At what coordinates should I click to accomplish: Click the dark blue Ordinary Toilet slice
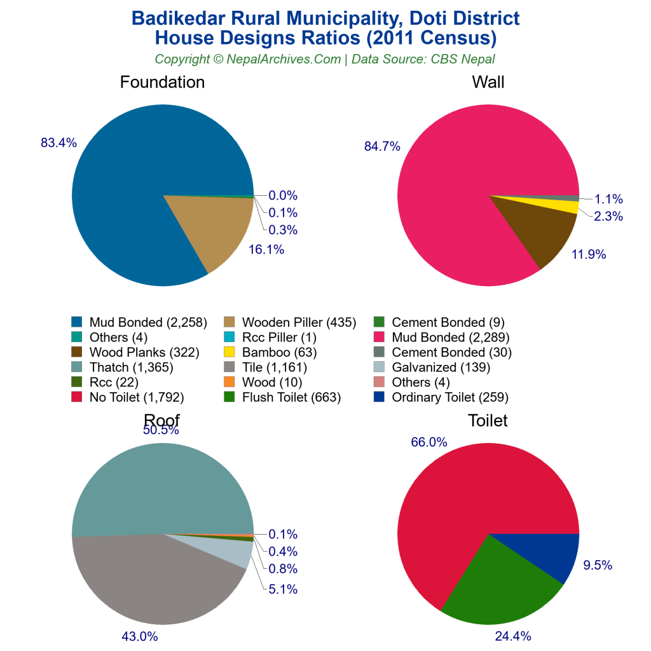click(x=547, y=553)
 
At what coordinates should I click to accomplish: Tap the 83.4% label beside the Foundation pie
click(x=58, y=143)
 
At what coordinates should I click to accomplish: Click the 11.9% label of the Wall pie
click(x=588, y=255)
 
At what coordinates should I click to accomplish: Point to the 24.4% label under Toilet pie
click(x=513, y=636)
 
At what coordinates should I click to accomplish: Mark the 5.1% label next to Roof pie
click(x=283, y=589)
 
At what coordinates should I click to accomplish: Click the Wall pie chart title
click(x=488, y=82)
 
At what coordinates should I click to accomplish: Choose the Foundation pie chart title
click(x=162, y=82)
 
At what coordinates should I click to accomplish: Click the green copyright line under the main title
click(x=325, y=59)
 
